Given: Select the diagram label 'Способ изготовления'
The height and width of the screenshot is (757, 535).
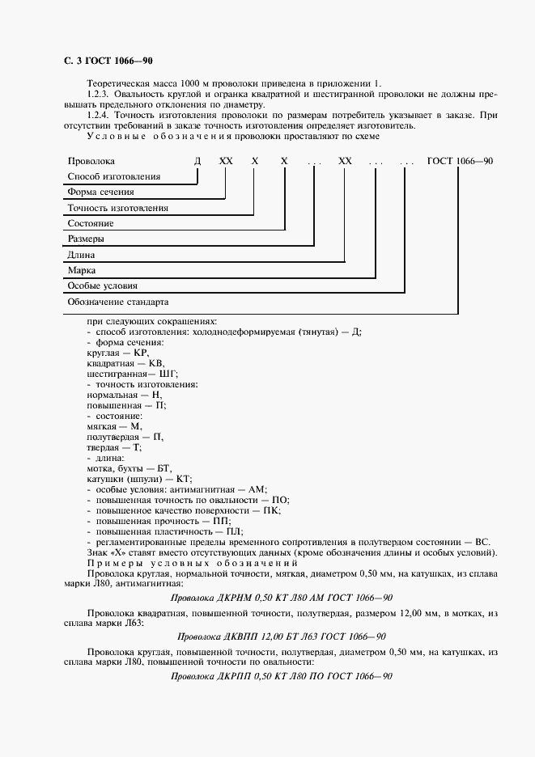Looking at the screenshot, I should (114, 176).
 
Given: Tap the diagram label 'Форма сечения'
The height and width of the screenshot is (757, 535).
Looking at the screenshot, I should (100, 192).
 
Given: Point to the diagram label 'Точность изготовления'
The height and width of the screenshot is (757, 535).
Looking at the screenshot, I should (118, 208).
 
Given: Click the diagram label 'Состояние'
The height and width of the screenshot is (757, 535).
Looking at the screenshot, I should (91, 223).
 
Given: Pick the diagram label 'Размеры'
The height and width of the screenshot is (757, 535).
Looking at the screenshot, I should (86, 239).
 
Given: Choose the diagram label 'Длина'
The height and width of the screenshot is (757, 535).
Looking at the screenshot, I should (82, 255).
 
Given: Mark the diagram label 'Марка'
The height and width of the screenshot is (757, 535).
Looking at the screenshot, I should (82, 270).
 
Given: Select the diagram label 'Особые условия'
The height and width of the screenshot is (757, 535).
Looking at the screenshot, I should (103, 285).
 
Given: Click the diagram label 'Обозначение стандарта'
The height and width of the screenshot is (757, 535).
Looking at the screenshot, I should (118, 302).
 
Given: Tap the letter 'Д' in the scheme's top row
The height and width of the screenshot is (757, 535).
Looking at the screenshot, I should (197, 161).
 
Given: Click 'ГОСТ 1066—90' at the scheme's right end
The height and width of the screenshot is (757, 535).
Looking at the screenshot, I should (460, 161).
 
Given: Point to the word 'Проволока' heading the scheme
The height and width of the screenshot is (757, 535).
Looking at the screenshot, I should (91, 161).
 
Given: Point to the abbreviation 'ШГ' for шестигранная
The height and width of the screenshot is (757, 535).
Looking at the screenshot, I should (168, 374).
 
